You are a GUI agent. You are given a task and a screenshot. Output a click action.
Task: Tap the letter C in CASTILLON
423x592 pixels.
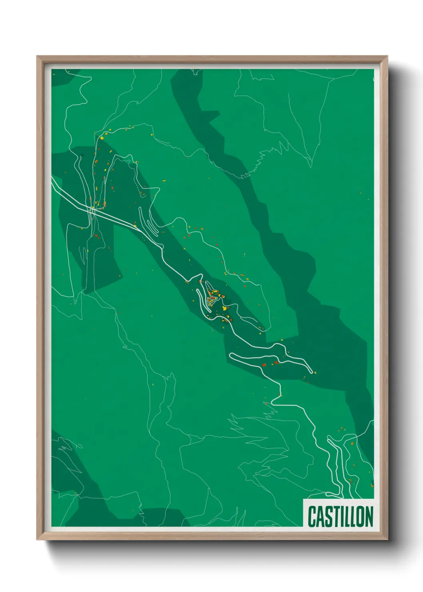(312, 516)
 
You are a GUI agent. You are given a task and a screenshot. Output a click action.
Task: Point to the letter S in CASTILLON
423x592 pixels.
(327, 516)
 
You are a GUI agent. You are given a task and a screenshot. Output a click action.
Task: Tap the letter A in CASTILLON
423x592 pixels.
(319, 516)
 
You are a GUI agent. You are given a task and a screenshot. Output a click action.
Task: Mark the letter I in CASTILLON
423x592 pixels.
(340, 516)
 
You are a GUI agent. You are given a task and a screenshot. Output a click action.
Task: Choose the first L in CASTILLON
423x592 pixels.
(345, 516)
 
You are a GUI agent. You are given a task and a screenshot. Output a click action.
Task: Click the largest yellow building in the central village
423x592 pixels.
(224, 308)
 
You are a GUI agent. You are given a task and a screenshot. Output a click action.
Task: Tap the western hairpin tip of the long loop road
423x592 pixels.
(231, 356)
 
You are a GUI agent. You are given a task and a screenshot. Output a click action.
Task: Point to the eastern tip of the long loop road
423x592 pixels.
(311, 372)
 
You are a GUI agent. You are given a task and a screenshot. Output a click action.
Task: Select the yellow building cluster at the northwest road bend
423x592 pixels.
(102, 138)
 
